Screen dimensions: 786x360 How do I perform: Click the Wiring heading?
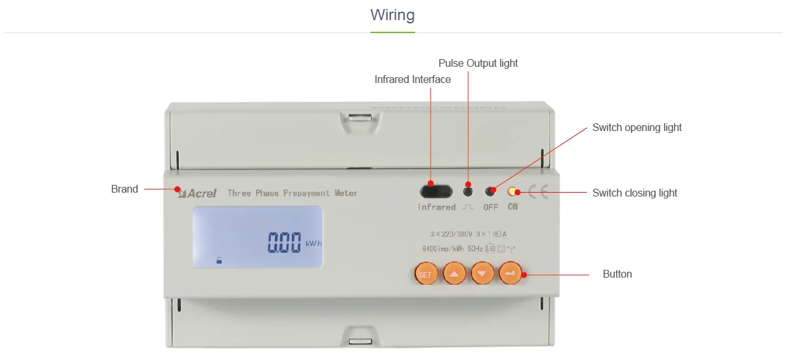click(x=392, y=15)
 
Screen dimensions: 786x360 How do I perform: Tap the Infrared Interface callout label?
click(x=412, y=79)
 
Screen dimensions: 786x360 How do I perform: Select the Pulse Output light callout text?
click(x=478, y=63)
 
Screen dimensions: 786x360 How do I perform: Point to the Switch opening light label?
click(x=637, y=127)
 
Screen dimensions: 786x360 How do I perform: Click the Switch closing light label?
click(x=634, y=193)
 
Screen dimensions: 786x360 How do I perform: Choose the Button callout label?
click(x=617, y=274)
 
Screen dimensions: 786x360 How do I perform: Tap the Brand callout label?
click(x=125, y=189)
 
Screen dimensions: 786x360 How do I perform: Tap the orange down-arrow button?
click(x=482, y=274)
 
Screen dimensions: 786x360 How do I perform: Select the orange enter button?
click(x=510, y=274)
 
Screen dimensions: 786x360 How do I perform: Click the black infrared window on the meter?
click(x=436, y=191)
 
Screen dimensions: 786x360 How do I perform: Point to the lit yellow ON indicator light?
click(x=512, y=192)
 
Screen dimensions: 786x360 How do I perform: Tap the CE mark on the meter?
click(x=538, y=192)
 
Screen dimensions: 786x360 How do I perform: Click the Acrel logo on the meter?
click(x=198, y=193)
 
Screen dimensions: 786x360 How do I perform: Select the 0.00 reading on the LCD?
click(x=285, y=243)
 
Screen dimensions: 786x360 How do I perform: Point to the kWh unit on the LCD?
click(x=313, y=244)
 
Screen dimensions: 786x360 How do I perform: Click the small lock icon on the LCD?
click(x=219, y=260)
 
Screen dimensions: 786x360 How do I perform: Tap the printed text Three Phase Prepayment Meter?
click(x=292, y=193)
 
